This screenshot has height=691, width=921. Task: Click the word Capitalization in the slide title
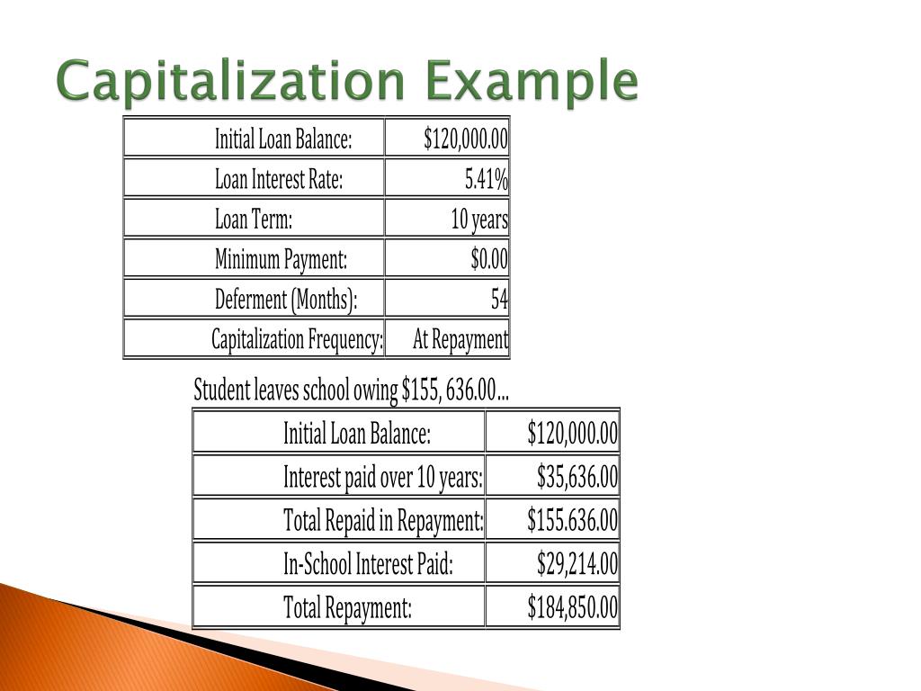(232, 83)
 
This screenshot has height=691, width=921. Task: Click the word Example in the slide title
(532, 83)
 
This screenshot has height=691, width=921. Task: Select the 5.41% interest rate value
(486, 180)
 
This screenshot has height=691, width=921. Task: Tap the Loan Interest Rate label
(279, 180)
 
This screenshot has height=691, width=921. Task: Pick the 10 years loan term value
(479, 220)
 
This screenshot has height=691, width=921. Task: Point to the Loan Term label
(254, 220)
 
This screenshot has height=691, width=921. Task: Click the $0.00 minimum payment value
(489, 260)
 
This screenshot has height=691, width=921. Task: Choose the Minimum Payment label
(281, 260)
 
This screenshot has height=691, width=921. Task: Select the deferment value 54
(499, 300)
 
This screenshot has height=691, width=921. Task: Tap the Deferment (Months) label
(286, 300)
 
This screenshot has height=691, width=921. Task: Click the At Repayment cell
(460, 340)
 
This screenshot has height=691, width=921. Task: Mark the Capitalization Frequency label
(297, 340)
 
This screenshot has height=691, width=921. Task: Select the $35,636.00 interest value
(577, 477)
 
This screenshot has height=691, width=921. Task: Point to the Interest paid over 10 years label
(383, 477)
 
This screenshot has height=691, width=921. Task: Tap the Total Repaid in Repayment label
(383, 521)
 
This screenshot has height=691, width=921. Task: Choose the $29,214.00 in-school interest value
(577, 565)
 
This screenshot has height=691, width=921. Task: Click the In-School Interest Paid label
(368, 565)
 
